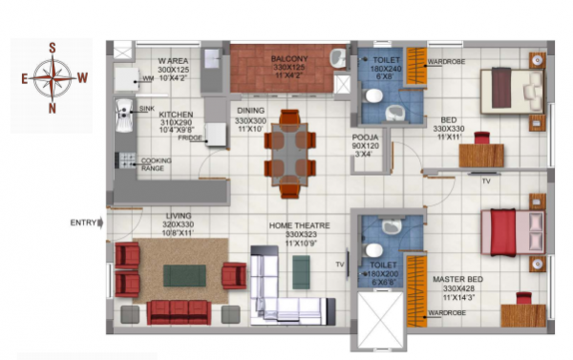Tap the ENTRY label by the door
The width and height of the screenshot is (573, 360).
pyautogui.click(x=83, y=223)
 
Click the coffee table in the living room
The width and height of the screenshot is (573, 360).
pyautogui.click(x=184, y=275)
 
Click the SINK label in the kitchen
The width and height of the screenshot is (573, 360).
pyautogui.click(x=145, y=110)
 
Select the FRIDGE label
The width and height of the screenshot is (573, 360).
pyautogui.click(x=189, y=138)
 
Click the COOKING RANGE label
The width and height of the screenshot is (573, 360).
pyautogui.click(x=156, y=164)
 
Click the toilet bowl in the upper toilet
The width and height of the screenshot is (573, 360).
pyautogui.click(x=375, y=95)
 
